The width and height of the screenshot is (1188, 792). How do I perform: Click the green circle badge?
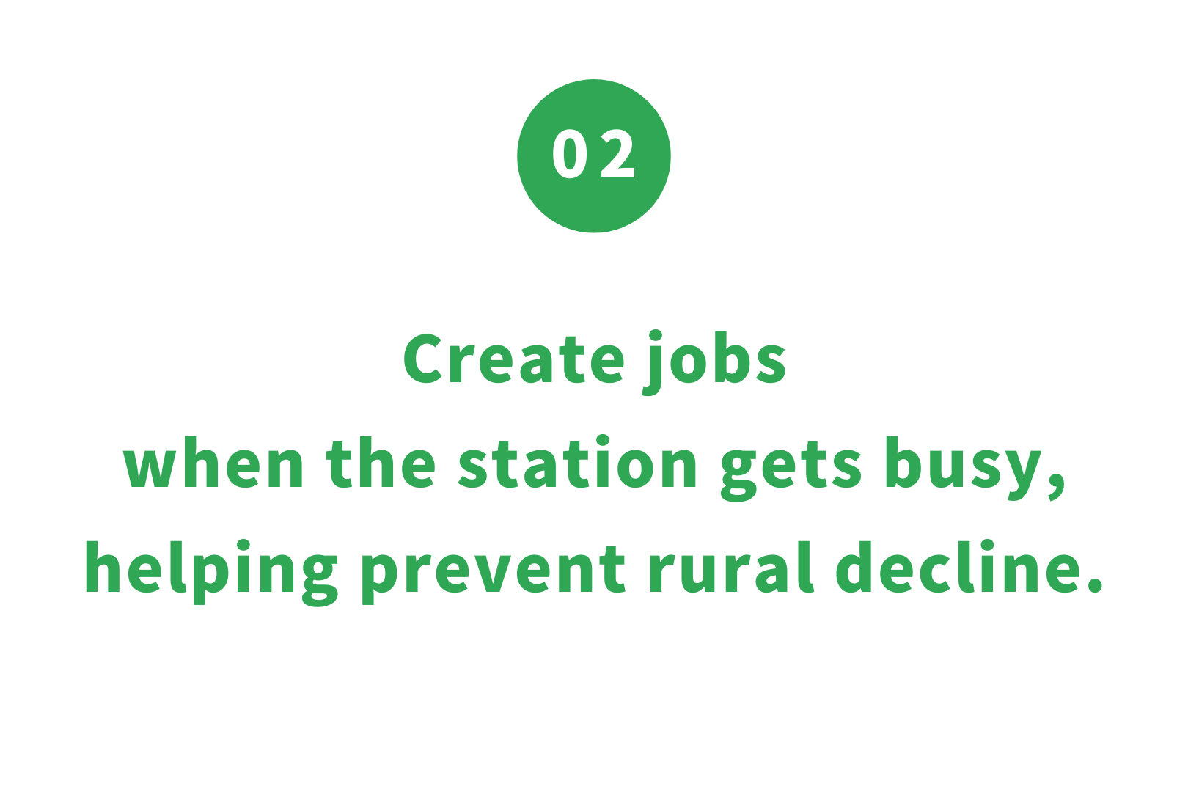[x=594, y=156]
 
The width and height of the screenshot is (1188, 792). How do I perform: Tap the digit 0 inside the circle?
[x=570, y=154]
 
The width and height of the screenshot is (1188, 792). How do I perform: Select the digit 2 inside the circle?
[x=617, y=154]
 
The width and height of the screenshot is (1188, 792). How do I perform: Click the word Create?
[x=514, y=358]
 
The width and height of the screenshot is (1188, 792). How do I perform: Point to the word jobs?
[x=714, y=363]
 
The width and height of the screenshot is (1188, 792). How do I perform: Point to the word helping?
[x=211, y=573]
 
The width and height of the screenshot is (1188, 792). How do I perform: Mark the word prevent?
[x=494, y=575]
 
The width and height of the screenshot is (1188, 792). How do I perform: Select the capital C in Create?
[x=423, y=358]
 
